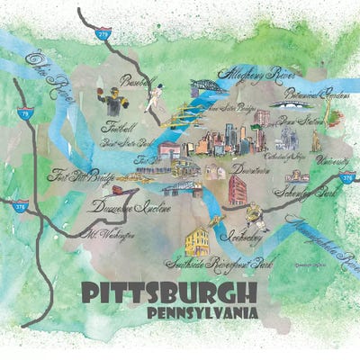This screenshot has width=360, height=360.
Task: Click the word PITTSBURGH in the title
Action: point(167,293)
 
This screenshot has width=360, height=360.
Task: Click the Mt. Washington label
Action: point(111,234)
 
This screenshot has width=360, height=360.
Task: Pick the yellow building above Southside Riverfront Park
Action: point(197,239)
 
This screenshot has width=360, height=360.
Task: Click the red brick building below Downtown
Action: point(238,189)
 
